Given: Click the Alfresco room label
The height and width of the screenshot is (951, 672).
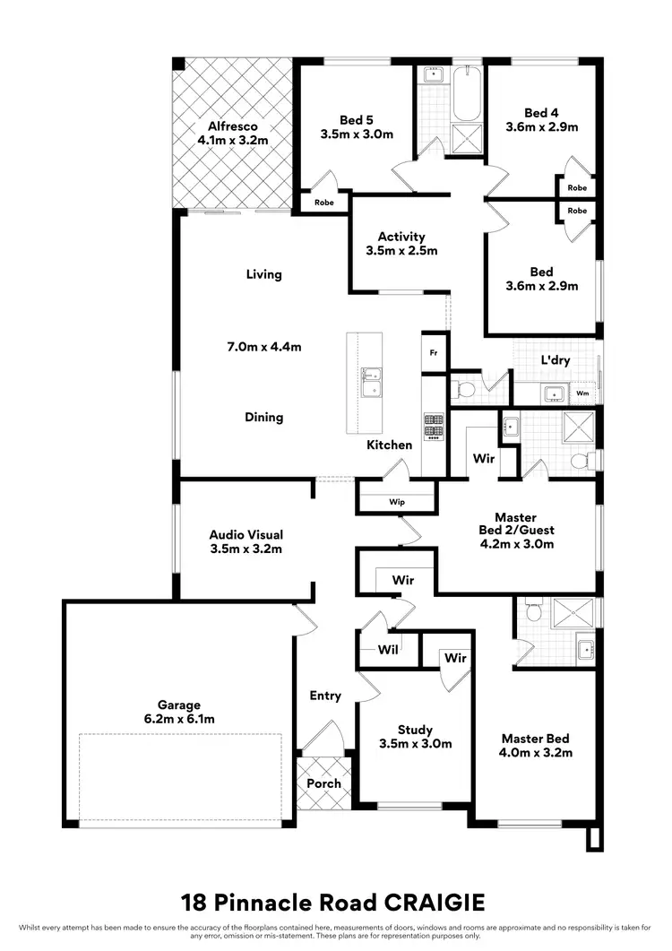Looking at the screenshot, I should (x=233, y=126).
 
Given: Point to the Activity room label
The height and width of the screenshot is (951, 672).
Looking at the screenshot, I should (x=401, y=238).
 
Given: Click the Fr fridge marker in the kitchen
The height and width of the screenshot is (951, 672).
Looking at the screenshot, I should (x=433, y=352).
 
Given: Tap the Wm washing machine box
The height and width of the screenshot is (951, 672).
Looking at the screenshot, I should (x=582, y=393).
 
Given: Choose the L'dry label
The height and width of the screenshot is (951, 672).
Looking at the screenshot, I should (x=556, y=360).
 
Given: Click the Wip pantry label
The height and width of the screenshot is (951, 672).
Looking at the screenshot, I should (x=396, y=502).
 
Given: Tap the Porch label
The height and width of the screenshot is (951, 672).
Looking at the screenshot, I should (x=323, y=782).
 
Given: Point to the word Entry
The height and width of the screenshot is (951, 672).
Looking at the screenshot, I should (x=325, y=696).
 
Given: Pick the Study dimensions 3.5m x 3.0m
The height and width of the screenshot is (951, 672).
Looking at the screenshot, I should (x=415, y=744).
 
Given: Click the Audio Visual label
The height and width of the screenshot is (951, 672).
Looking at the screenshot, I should (x=246, y=534).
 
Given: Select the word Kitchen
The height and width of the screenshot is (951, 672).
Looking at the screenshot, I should (x=389, y=445).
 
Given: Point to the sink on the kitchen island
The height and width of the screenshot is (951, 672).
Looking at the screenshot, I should (x=370, y=382).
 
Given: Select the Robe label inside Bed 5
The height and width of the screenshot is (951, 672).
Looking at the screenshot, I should (x=323, y=203).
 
